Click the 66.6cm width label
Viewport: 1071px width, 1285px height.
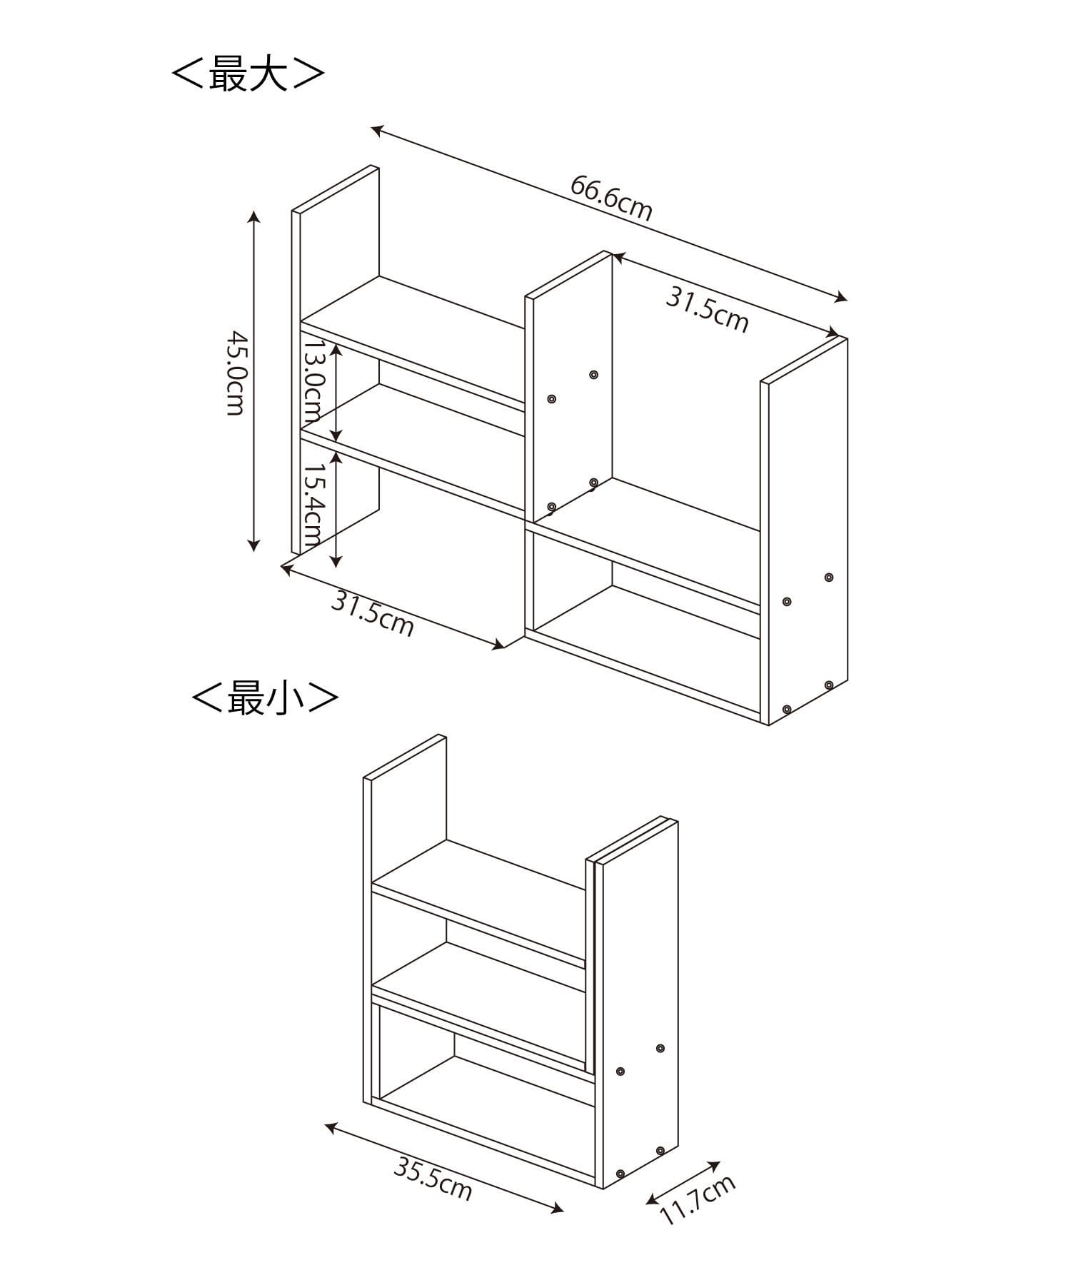tap(611, 198)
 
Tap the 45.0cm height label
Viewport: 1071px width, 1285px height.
tap(236, 373)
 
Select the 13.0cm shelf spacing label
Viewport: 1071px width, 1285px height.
tap(313, 381)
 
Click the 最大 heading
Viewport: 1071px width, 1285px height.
tap(248, 74)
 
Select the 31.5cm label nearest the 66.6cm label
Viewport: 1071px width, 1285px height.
tap(708, 310)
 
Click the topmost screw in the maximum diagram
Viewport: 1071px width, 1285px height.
tap(593, 375)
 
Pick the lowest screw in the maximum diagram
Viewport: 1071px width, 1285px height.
tap(786, 710)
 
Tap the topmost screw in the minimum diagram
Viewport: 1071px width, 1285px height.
tap(660, 1048)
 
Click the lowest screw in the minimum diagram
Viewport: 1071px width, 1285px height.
tap(620, 1174)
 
